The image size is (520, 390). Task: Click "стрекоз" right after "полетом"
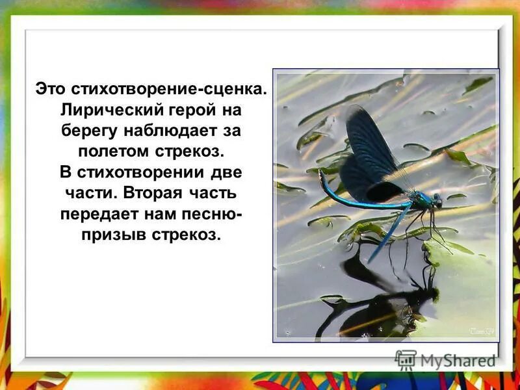point(190,151)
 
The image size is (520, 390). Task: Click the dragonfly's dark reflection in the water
point(383,305)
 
